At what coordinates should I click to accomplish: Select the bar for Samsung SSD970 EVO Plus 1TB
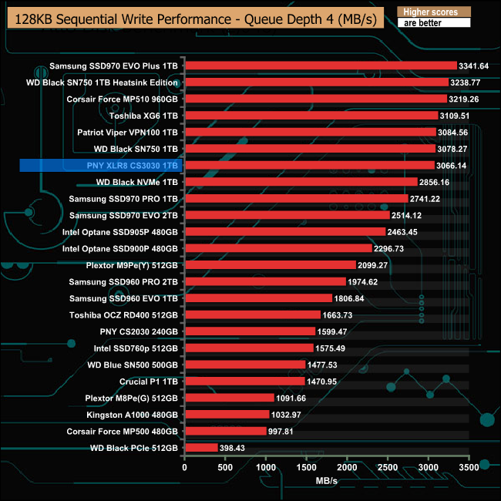click(x=320, y=66)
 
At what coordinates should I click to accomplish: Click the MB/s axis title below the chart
click(x=326, y=480)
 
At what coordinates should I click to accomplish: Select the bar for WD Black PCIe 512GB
click(x=201, y=447)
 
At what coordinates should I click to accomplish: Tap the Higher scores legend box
click(x=432, y=12)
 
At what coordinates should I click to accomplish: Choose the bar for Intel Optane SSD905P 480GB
click(x=284, y=231)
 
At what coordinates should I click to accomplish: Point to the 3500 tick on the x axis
click(x=469, y=468)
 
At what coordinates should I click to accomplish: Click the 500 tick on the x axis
click(x=225, y=468)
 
